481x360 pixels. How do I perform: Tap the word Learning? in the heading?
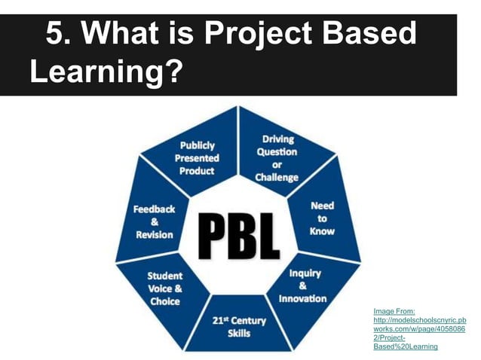tap(106, 72)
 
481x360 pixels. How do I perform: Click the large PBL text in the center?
tap(239, 235)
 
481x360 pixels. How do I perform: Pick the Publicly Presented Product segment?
tap(197, 157)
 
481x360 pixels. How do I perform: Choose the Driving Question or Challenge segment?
tap(277, 158)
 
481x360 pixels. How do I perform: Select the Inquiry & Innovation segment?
tap(303, 285)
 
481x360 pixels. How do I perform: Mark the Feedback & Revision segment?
tap(155, 221)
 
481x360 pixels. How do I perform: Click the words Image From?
tap(394, 310)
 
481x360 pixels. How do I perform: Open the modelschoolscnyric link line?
tap(419, 319)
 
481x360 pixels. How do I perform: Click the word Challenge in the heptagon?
tap(277, 178)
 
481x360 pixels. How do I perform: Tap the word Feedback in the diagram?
tap(155, 209)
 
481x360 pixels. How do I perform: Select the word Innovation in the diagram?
tap(303, 298)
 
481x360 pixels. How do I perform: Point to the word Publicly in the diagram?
tap(197, 145)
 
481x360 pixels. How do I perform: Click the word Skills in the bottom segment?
tap(238, 334)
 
